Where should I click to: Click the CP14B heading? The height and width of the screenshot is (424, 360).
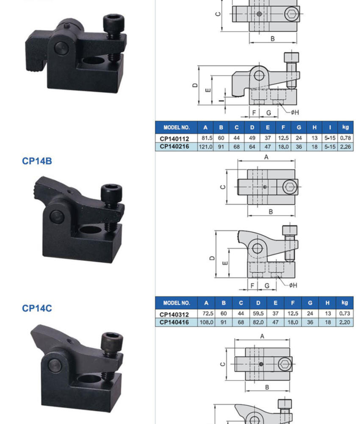point(37,161)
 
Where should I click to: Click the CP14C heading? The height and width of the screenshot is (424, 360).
point(37,308)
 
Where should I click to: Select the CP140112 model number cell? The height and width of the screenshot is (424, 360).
point(174,139)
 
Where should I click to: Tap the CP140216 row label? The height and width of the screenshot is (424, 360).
point(174,147)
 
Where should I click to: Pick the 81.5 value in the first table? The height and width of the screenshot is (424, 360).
point(207,138)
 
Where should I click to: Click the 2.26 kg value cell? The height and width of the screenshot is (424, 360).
point(346,147)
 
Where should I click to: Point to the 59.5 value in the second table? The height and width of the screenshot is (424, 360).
point(258,313)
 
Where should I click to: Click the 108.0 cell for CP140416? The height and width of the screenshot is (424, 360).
point(206,322)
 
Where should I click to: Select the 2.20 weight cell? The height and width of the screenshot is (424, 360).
point(344,322)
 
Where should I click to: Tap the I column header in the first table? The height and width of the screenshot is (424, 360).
point(330,127)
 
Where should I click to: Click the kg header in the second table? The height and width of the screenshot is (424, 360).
point(344,303)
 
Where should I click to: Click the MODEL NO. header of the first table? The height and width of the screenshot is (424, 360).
point(177,127)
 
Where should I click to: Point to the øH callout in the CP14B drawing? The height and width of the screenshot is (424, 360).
point(293,285)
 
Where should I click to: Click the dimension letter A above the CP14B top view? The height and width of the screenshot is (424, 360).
point(266,157)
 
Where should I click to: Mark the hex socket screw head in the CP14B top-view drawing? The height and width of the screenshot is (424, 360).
point(290,187)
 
